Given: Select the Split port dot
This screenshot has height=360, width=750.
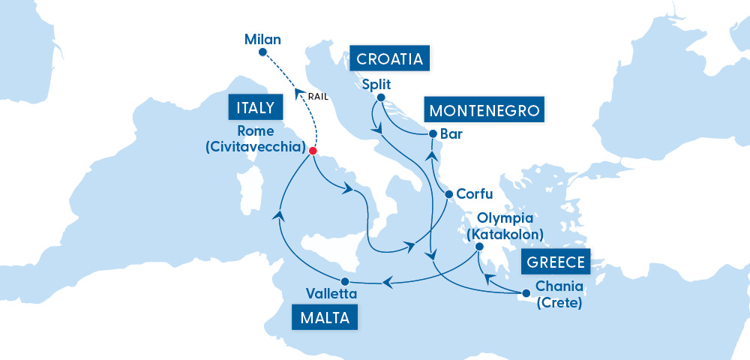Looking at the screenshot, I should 380,97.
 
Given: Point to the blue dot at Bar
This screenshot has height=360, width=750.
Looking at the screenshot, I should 433,134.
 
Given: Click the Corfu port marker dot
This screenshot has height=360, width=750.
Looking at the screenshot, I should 449,194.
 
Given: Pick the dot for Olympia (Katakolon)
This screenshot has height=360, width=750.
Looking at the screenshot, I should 479,246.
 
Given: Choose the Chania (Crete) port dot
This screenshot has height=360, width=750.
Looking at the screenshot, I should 524,293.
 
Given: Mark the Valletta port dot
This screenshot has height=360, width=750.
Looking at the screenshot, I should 345,280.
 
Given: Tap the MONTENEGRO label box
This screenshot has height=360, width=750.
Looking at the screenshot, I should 484,111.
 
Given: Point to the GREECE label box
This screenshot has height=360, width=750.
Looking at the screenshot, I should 556,262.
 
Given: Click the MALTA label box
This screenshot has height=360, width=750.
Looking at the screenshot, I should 325,317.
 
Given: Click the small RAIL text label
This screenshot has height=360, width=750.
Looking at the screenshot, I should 319,96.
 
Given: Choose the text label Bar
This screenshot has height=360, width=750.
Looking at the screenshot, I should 452,135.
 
